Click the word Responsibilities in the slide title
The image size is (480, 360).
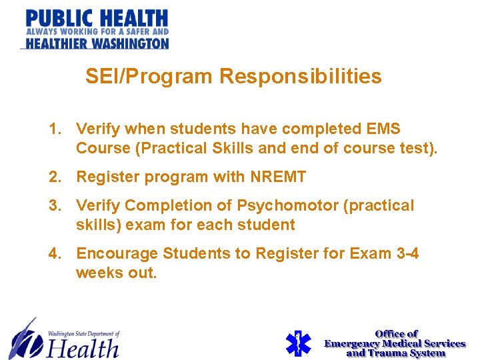[301, 77]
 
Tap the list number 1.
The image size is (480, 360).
[55, 129]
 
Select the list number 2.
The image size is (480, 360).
[55, 177]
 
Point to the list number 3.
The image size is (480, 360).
[55, 205]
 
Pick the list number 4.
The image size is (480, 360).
[55, 253]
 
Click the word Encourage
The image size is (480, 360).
[117, 253]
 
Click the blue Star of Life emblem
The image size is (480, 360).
[297, 343]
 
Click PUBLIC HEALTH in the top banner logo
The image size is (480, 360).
[97, 18]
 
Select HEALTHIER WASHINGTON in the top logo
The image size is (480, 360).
[97, 43]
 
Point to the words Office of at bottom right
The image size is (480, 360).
[396, 333]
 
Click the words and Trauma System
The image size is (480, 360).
[395, 353]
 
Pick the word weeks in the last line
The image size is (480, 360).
[101, 273]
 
